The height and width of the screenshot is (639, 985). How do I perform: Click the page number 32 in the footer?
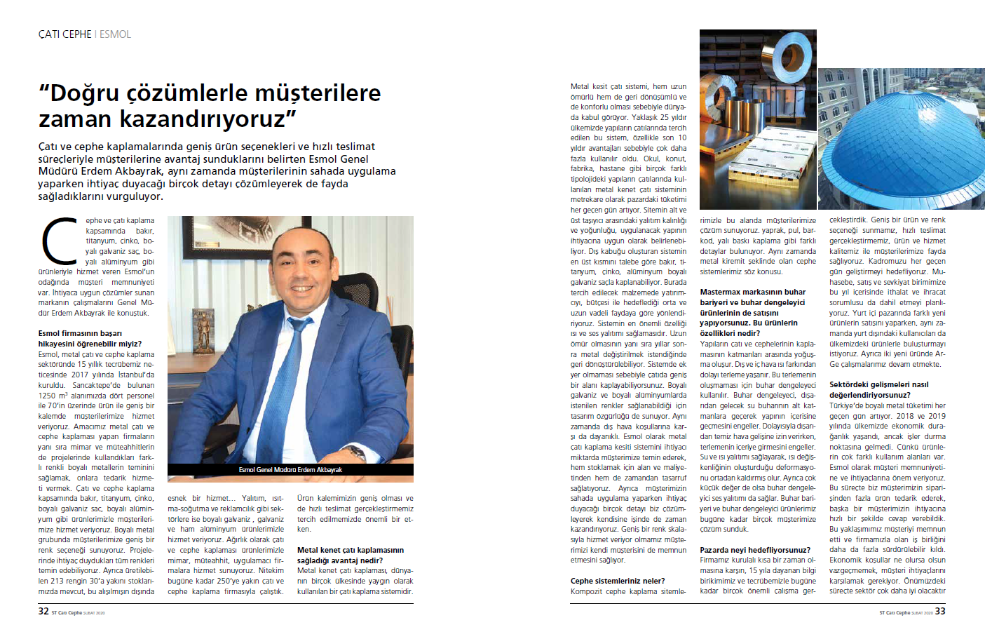point(43,611)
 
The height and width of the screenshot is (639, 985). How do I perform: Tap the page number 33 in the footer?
point(940,611)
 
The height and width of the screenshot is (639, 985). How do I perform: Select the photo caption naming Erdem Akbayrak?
point(290,470)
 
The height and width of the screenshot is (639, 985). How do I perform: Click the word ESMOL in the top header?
point(115,34)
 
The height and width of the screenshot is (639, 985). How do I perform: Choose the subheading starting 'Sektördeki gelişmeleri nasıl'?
point(878,384)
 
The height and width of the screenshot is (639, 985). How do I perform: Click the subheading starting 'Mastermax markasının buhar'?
point(752,292)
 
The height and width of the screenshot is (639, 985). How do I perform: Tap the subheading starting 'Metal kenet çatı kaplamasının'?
point(351,550)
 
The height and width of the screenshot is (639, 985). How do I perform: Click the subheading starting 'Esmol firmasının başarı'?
point(80,334)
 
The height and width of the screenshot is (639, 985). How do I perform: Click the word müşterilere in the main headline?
point(318,93)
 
